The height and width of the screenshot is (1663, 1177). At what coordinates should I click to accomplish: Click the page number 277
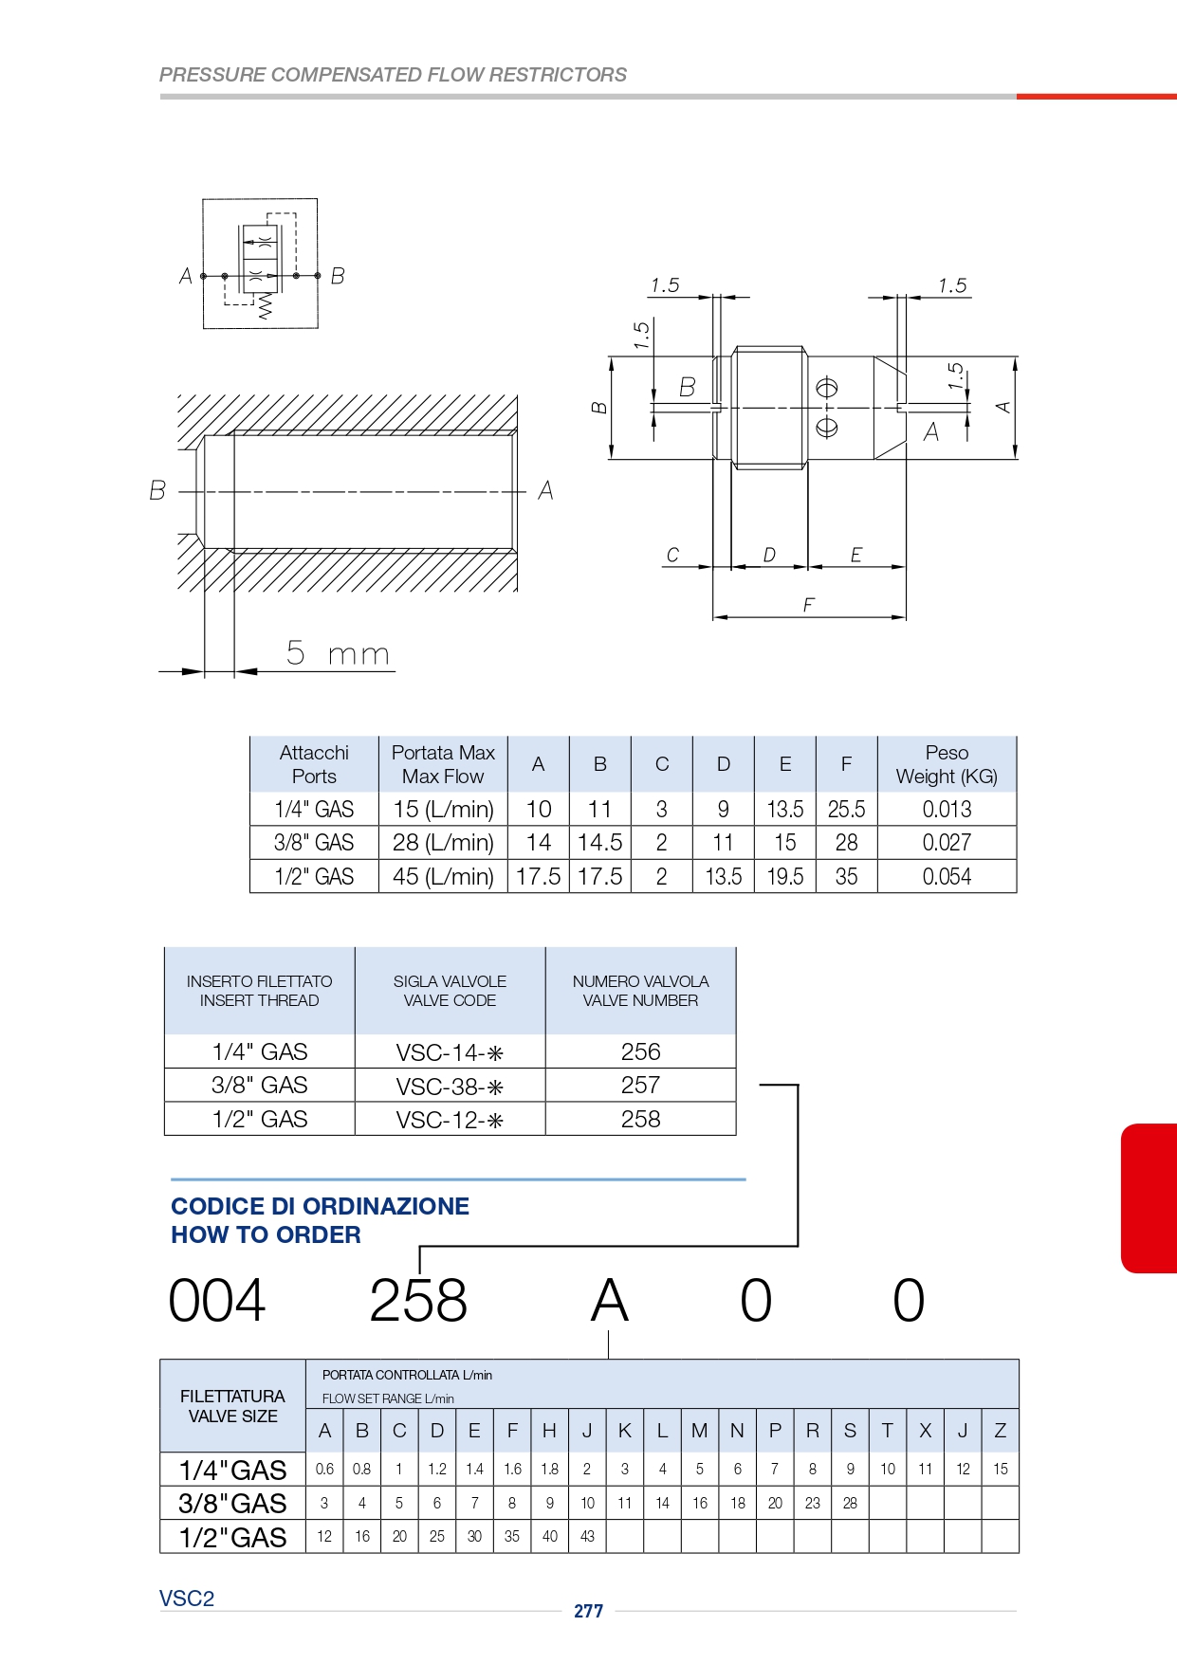[x=588, y=1611]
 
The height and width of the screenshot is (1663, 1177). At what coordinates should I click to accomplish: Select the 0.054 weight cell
[x=947, y=876]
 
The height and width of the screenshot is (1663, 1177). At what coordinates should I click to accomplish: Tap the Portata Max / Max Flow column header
[x=443, y=764]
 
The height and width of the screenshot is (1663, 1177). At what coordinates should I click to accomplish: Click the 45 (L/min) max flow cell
[x=443, y=876]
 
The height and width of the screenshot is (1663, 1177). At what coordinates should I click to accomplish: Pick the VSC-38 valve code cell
[x=450, y=1087]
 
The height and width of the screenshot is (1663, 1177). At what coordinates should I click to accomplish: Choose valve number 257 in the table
[x=640, y=1085]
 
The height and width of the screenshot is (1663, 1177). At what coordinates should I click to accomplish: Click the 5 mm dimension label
[x=339, y=653]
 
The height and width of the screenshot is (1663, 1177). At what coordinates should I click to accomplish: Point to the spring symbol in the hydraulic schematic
[x=265, y=305]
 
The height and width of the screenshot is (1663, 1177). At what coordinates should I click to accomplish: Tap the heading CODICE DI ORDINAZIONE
[x=320, y=1206]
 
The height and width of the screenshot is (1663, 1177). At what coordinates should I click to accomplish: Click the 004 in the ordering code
[x=217, y=1300]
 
